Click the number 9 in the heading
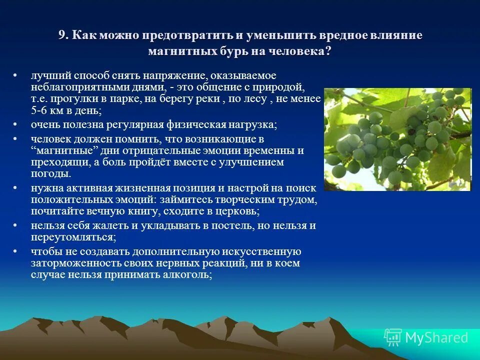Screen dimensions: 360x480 [x=61, y=35]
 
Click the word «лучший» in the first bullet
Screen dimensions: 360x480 [x=46, y=75]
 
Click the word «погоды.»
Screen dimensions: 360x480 [x=50, y=174]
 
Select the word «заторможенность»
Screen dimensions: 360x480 [x=73, y=263]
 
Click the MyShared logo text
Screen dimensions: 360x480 [x=436, y=337]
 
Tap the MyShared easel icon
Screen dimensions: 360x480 [x=393, y=337]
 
